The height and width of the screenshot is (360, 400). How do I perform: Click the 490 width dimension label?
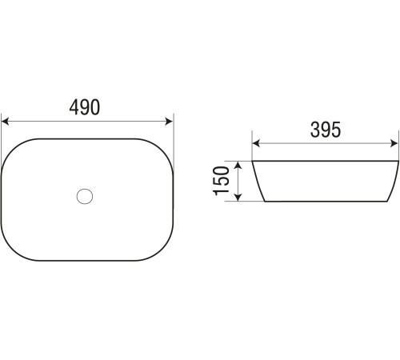point(85,107)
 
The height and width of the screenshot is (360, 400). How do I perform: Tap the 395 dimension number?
point(326,130)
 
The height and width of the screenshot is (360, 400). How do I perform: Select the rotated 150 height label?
point(222,181)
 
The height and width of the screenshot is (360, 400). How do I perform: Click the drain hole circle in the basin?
point(85,196)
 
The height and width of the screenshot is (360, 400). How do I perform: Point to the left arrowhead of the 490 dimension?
point(6,122)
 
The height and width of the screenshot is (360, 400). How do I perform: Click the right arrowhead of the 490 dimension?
point(169,122)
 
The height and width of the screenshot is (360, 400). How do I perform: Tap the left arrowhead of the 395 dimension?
point(256,143)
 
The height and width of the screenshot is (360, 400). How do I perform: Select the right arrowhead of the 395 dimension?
point(394,143)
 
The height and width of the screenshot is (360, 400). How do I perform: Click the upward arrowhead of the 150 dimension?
point(238,166)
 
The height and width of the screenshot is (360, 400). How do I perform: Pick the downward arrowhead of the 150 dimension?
point(238,197)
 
